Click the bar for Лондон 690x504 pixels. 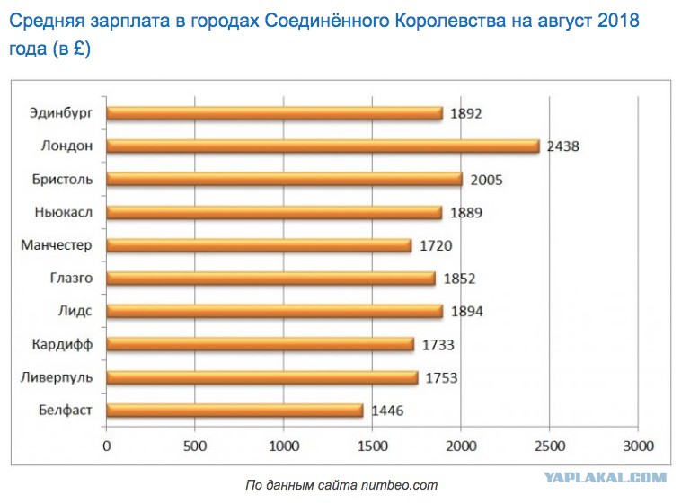[323, 146]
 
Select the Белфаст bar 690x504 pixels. [234, 411]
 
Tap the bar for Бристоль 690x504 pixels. [284, 179]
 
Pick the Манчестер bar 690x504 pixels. [259, 245]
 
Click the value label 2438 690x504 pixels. [563, 146]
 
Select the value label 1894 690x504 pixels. [466, 312]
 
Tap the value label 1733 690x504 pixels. [437, 345]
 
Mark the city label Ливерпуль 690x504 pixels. [57, 377]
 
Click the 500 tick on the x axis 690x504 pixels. [195, 445]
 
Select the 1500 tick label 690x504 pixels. [372, 445]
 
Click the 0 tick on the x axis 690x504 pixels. [107, 445]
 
